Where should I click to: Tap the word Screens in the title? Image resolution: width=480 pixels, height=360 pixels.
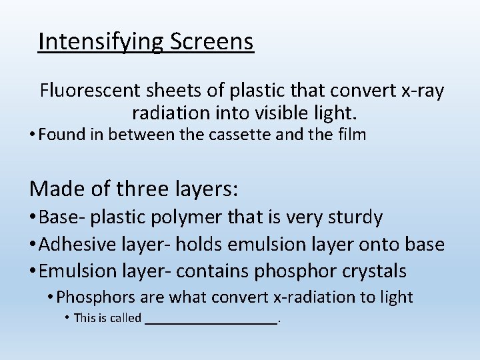(212, 41)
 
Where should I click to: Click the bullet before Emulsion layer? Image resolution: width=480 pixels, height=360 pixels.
(33, 272)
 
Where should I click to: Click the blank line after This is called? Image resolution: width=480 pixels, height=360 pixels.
(211, 319)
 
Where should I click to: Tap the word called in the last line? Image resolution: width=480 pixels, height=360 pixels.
(125, 318)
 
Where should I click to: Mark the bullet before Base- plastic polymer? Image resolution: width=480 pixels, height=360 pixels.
(33, 218)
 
